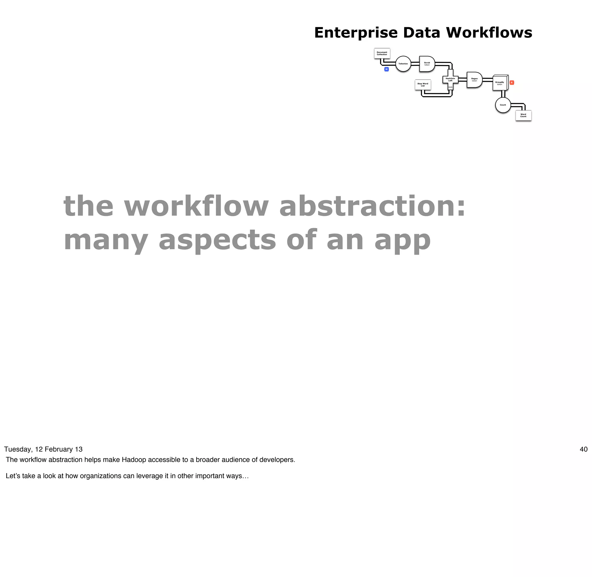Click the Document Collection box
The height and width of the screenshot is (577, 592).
coord(382,53)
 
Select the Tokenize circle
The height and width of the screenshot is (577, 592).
coord(403,64)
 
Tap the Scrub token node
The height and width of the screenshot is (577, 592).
coord(427,64)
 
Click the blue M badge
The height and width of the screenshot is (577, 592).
coord(386,69)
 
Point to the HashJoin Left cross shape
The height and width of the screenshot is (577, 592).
coord(450,80)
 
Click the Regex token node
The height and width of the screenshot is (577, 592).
coord(474,80)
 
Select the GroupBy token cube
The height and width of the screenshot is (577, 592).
coord(500,83)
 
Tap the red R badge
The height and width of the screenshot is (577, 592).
coord(512,82)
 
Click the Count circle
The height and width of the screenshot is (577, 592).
coord(503,105)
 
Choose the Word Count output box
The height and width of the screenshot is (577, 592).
coord(523,115)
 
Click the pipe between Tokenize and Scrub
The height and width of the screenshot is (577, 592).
coord(415,64)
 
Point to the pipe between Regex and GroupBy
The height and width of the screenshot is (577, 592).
coord(487,80)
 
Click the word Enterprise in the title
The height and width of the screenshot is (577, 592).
coord(356,33)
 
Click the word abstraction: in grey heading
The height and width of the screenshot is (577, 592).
coord(372,206)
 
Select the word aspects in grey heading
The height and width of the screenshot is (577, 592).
coord(217,240)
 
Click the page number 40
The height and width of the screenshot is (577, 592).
coord(584,450)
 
